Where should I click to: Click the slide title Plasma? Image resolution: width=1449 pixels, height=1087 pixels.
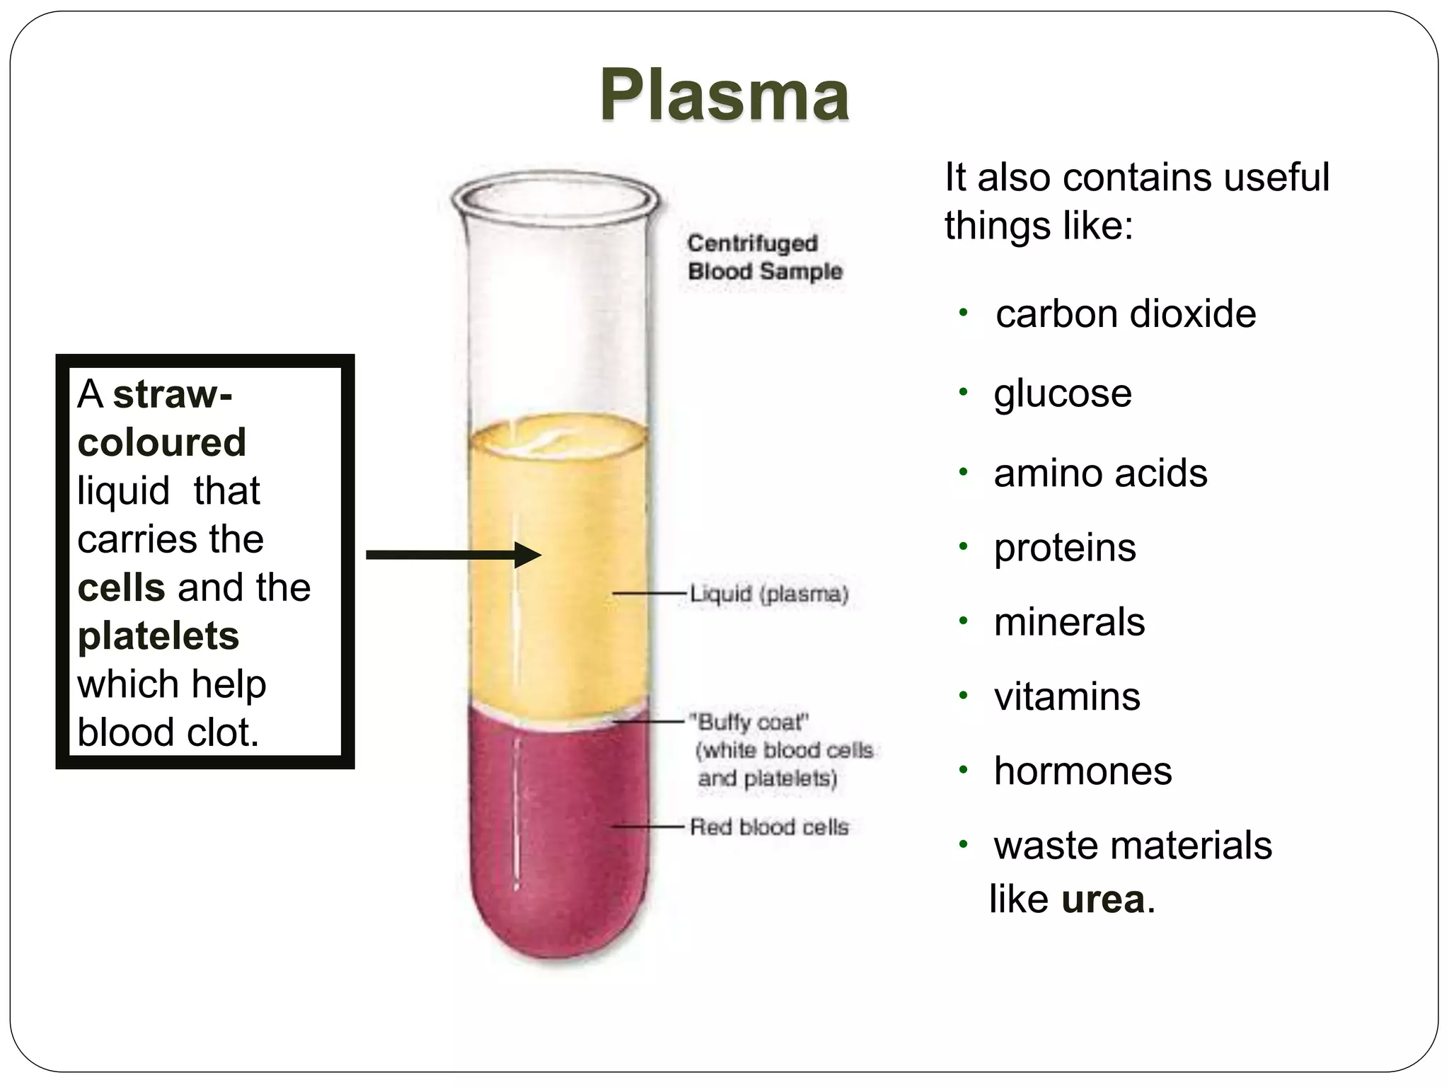(724, 95)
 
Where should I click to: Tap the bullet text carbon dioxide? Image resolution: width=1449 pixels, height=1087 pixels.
(1126, 314)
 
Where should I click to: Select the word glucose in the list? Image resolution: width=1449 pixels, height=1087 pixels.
(1063, 393)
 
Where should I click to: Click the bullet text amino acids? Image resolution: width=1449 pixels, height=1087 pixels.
(1100, 473)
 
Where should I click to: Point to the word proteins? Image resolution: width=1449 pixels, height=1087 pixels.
(1065, 548)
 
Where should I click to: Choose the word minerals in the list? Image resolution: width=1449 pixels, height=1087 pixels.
(1069, 622)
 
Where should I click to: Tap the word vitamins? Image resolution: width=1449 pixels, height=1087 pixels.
(1067, 696)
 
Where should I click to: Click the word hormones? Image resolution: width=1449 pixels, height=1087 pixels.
(1083, 771)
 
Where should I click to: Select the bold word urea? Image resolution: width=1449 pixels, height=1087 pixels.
(1103, 899)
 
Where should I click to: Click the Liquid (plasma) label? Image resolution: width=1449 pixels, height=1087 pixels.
(769, 594)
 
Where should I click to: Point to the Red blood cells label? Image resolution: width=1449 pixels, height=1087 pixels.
(769, 827)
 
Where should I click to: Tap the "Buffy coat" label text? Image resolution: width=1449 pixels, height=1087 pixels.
(752, 723)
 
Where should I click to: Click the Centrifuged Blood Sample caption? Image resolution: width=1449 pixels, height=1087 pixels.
(764, 257)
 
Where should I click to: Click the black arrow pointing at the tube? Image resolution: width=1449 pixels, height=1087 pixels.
(453, 555)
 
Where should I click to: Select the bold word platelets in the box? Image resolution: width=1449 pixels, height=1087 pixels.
(158, 635)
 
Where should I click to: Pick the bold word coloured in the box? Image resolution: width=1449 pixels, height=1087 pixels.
(161, 442)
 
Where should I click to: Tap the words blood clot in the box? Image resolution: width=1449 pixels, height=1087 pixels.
(168, 732)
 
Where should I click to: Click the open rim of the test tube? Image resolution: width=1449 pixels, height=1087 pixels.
(557, 193)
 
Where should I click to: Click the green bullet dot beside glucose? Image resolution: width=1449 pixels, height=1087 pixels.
(962, 392)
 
